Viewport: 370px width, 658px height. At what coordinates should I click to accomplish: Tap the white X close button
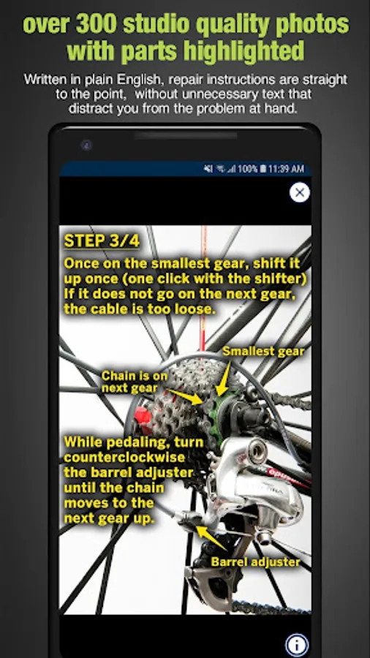300,192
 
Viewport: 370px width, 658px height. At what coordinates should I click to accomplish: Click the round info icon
297,645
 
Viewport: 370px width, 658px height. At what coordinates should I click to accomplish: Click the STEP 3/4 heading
102,241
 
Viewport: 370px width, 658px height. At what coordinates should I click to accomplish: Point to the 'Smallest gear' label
263,351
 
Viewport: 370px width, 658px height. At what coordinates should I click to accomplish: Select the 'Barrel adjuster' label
255,562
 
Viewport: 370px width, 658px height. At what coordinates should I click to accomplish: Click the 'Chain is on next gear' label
129,382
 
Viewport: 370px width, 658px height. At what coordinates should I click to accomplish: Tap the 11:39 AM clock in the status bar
286,169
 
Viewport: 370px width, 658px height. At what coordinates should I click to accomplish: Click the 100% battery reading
247,169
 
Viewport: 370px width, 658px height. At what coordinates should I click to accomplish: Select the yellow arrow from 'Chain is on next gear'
185,396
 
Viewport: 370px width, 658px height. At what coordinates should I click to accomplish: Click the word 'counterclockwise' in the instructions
124,457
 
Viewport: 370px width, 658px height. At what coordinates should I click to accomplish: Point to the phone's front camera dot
86,145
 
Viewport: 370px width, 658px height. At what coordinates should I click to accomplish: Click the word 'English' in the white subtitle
140,80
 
